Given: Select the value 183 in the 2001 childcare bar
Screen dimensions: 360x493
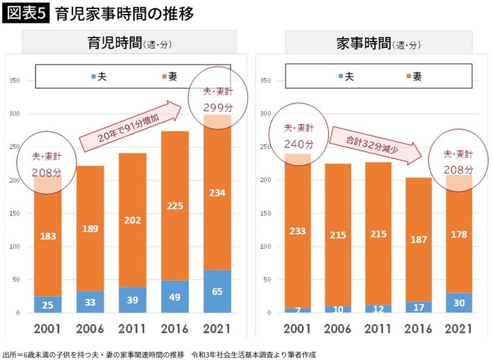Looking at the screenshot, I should point(48,237).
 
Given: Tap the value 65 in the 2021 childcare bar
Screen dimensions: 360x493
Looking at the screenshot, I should point(217,292).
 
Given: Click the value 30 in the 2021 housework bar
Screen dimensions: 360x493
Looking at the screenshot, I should point(459,302).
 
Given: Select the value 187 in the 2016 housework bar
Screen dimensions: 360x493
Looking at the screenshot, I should point(417,240).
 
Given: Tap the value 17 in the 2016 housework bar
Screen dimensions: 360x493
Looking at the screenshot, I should point(417,307).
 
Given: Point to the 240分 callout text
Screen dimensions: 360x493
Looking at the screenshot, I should point(299,144).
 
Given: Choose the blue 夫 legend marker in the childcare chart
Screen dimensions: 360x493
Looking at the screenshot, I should point(92,75).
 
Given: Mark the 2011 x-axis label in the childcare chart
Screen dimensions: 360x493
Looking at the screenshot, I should point(133,329).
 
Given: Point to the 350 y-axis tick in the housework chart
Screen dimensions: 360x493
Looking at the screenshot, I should point(263,80).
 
